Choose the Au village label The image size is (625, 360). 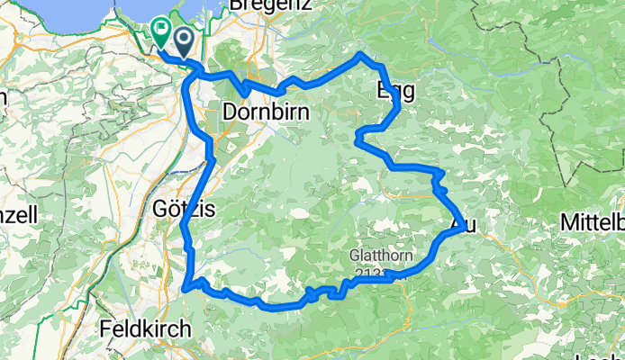458,221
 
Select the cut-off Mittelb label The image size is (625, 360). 592,221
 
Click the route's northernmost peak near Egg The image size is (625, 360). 362,55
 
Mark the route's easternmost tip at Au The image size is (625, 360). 467,228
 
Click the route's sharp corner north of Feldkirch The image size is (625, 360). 185,289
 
